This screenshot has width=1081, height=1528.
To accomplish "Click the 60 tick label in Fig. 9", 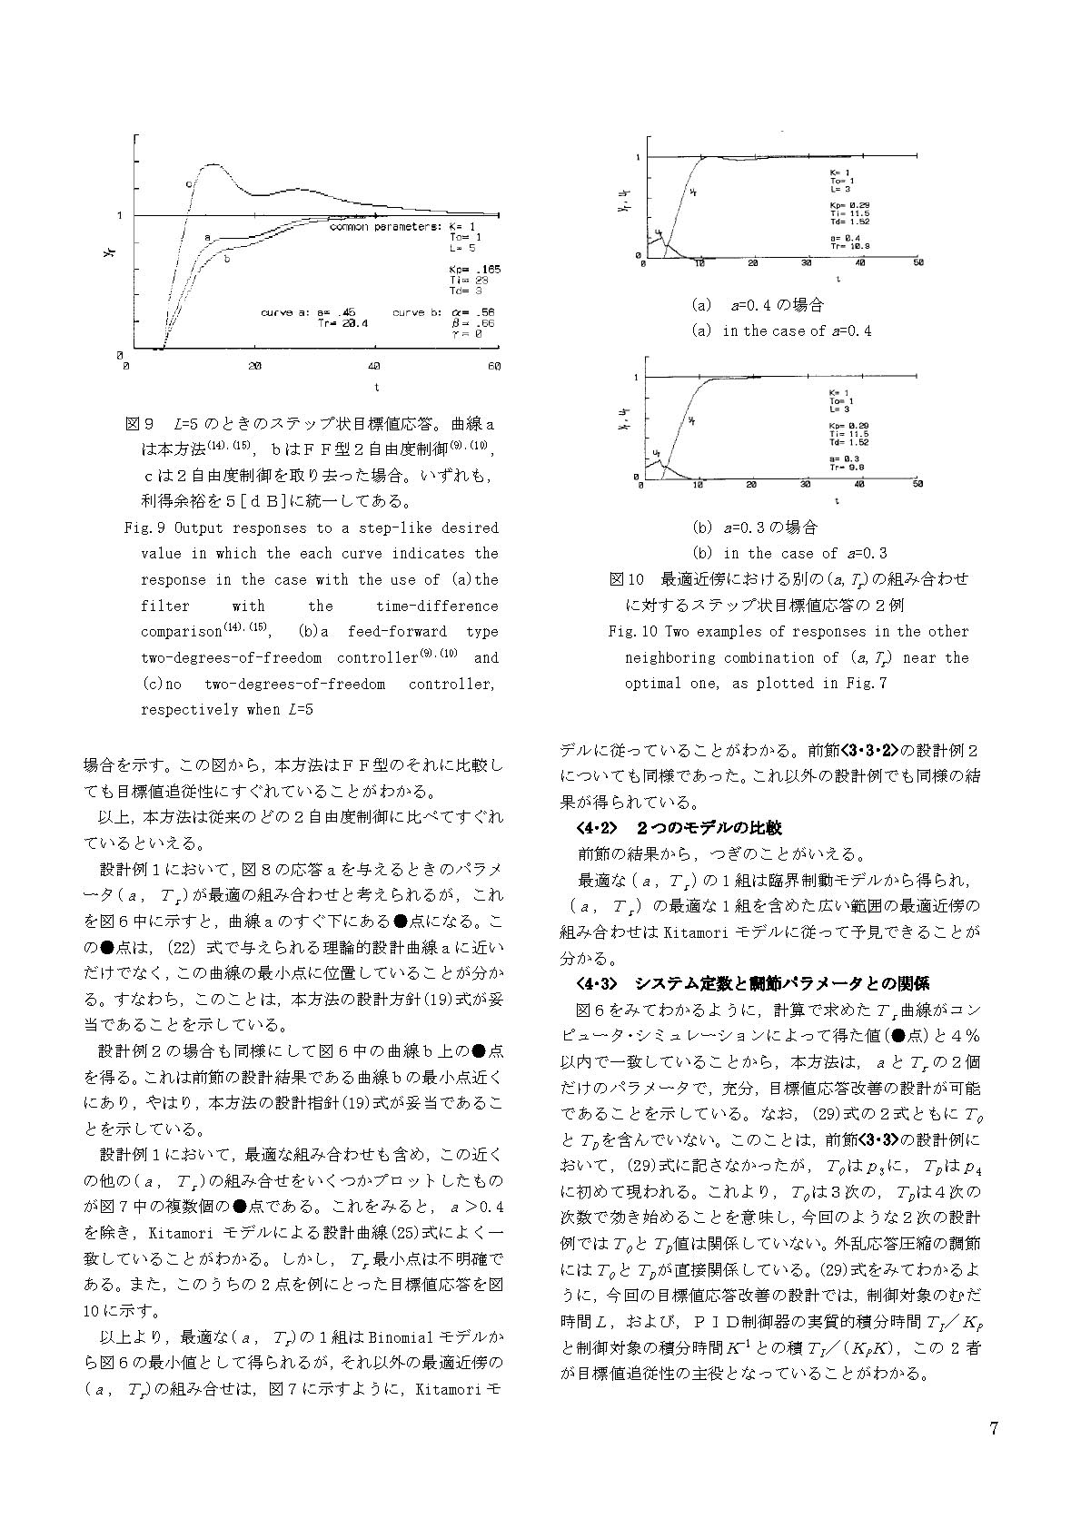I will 494,366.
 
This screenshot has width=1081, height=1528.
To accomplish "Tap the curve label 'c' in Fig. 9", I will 189,184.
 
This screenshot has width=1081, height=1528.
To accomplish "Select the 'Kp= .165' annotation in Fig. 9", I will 474,270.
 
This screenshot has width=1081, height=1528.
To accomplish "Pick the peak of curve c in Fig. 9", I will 213,164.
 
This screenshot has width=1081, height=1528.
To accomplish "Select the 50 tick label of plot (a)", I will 918,263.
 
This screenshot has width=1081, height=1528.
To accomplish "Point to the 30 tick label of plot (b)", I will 806,485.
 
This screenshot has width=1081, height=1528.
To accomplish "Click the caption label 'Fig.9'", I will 141,527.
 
